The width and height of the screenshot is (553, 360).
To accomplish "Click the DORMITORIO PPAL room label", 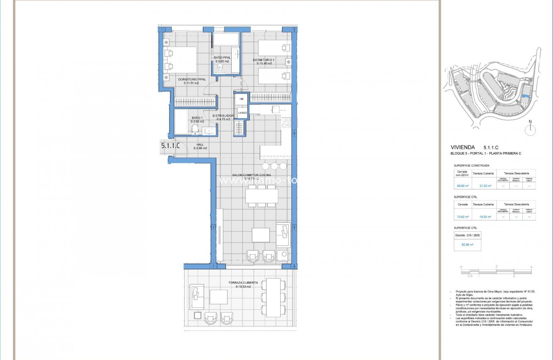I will point(188,79).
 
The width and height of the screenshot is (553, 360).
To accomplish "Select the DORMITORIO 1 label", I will point(264,60).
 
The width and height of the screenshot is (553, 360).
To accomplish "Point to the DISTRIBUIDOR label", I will point(223,116).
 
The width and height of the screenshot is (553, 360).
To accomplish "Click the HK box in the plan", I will point(241,99).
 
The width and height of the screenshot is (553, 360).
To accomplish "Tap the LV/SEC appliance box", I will point(242,113).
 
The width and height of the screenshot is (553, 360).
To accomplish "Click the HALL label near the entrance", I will point(200,145).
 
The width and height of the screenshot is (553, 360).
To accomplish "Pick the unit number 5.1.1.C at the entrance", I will point(170,146).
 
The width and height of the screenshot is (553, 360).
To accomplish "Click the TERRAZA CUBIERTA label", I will point(243,283).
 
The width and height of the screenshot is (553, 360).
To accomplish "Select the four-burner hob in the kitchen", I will point(287,122).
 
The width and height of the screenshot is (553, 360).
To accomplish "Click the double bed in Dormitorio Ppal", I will point(180,60).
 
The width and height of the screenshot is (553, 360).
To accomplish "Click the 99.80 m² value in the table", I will point(462,186).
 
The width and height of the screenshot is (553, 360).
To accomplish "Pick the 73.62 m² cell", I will point(462,217).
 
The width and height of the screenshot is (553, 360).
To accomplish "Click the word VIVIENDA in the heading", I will point(463,148).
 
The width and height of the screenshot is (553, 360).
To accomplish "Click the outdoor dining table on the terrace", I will point(274,297).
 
